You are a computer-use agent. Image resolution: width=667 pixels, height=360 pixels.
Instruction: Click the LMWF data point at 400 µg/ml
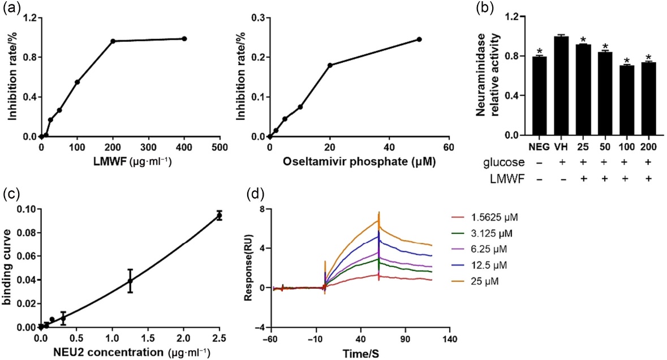point(184,38)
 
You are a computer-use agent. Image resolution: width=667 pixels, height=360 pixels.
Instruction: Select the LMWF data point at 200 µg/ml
point(113,41)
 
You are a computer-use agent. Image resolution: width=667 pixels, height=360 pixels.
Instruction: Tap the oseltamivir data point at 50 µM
point(419,39)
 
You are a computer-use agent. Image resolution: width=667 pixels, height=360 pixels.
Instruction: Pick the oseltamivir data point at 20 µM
point(330,65)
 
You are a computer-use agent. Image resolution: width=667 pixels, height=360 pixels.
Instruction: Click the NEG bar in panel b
point(539,96)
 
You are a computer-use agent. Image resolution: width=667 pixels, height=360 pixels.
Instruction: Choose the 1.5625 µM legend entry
point(484,217)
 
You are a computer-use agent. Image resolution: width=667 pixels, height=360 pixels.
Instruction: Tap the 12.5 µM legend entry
point(479,265)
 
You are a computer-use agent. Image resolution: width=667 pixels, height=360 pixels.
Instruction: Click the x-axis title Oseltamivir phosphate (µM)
point(359,162)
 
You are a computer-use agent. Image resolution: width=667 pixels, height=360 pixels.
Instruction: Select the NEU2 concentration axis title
point(131,352)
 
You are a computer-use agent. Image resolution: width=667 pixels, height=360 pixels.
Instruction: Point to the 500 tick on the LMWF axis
point(220,147)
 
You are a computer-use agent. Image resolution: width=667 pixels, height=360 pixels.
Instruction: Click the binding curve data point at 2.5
point(219,215)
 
